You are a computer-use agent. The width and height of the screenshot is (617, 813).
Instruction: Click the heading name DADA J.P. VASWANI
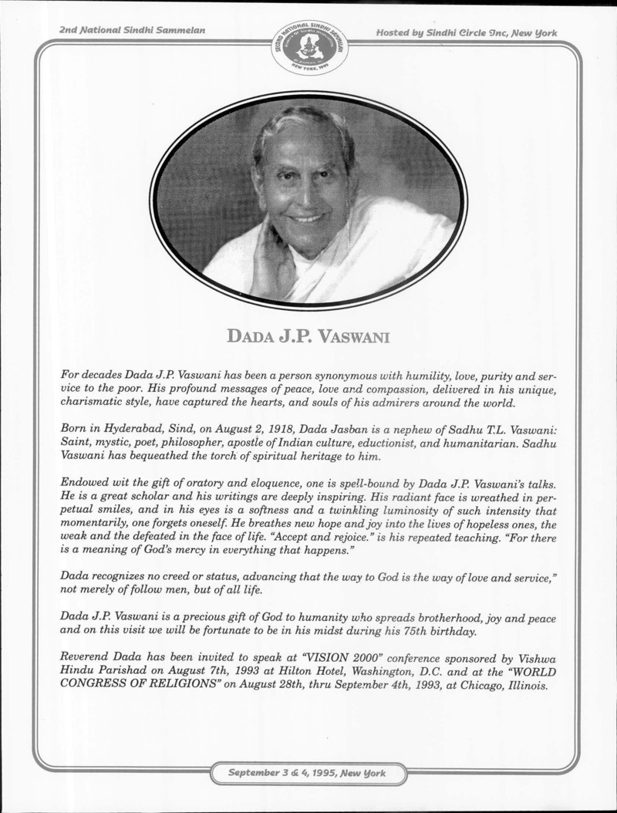[x=308, y=336]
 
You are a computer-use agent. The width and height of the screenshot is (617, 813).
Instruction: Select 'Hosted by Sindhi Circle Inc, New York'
[x=467, y=32]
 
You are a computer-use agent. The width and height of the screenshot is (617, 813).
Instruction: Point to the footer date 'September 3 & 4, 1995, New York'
[x=308, y=772]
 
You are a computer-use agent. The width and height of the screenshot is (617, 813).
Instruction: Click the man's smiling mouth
[x=307, y=218]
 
